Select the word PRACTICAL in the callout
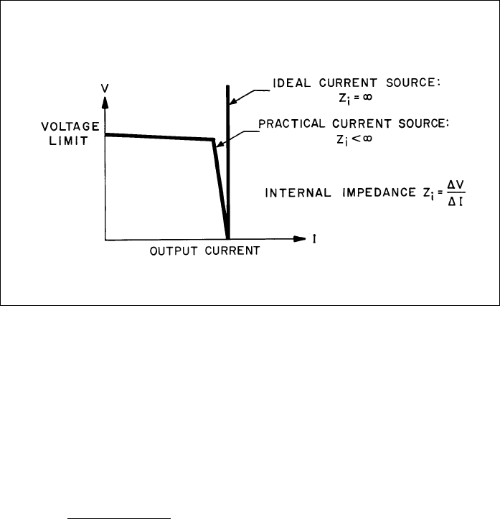point(293,124)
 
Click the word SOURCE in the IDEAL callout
point(418,84)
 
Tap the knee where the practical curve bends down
point(213,139)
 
